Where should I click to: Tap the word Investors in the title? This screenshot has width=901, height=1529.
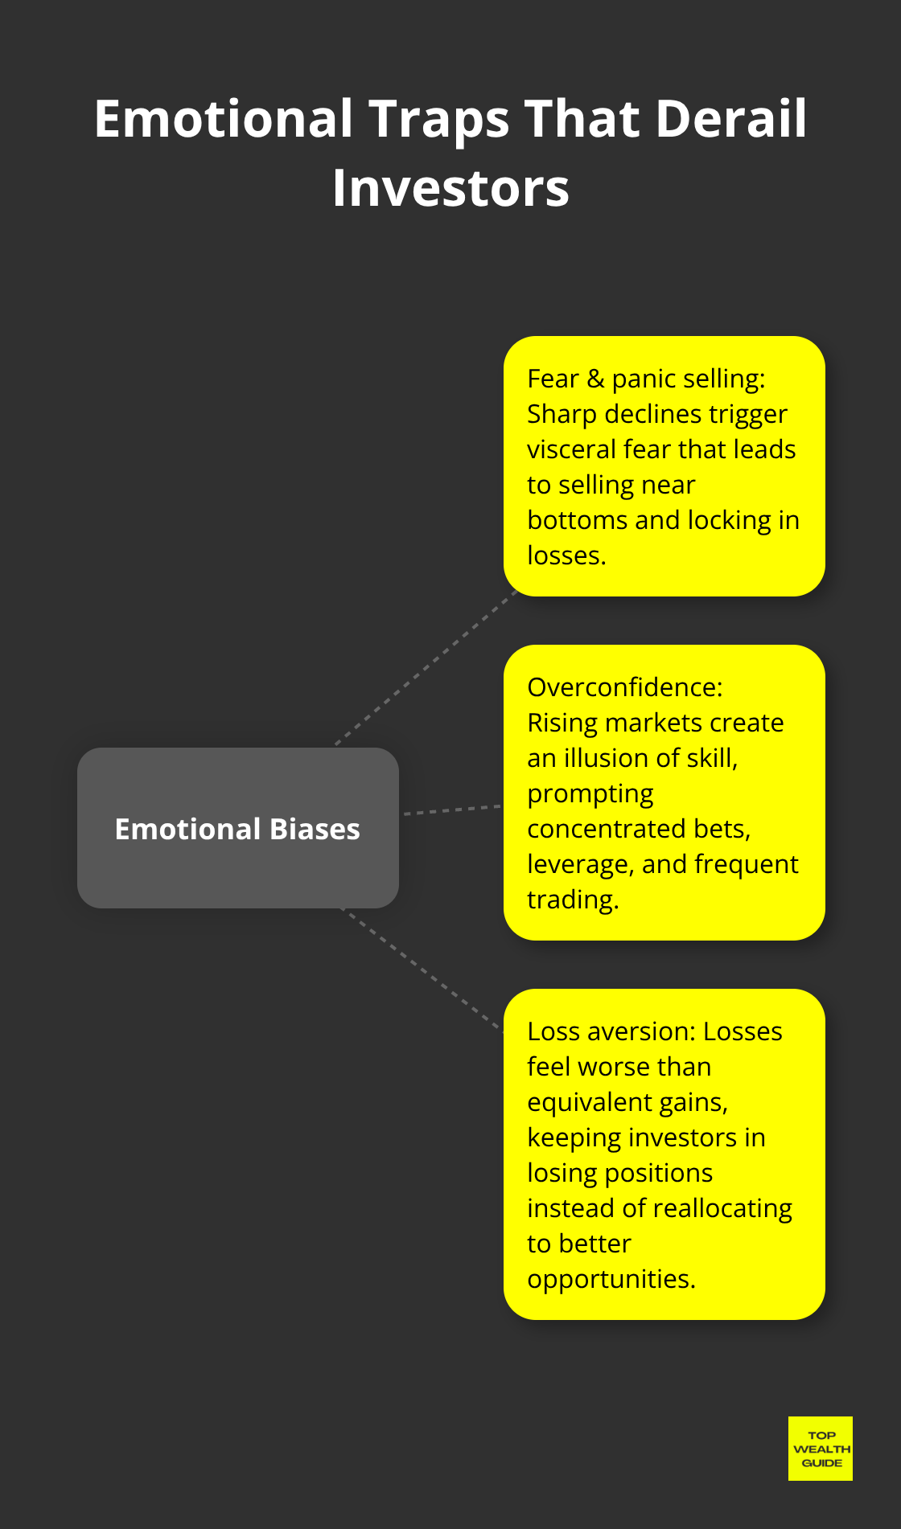coord(450,188)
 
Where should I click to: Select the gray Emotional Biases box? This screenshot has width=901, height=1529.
coord(237,828)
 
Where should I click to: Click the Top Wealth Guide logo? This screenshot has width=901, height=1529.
coord(820,1448)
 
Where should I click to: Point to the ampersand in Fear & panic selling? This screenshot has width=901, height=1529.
coord(595,379)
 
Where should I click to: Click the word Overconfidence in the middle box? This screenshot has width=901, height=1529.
coord(624,687)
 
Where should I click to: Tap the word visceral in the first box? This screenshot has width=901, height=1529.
coord(571,449)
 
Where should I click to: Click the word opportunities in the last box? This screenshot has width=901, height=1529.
coord(611,1279)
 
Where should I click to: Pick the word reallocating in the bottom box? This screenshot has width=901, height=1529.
coord(722,1208)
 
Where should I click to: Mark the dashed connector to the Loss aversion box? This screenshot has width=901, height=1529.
coord(422,969)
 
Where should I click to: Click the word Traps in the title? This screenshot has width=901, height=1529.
coord(439,118)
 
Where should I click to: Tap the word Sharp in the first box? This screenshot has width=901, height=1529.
coord(562,414)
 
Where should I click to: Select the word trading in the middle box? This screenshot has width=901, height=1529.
coord(572,900)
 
